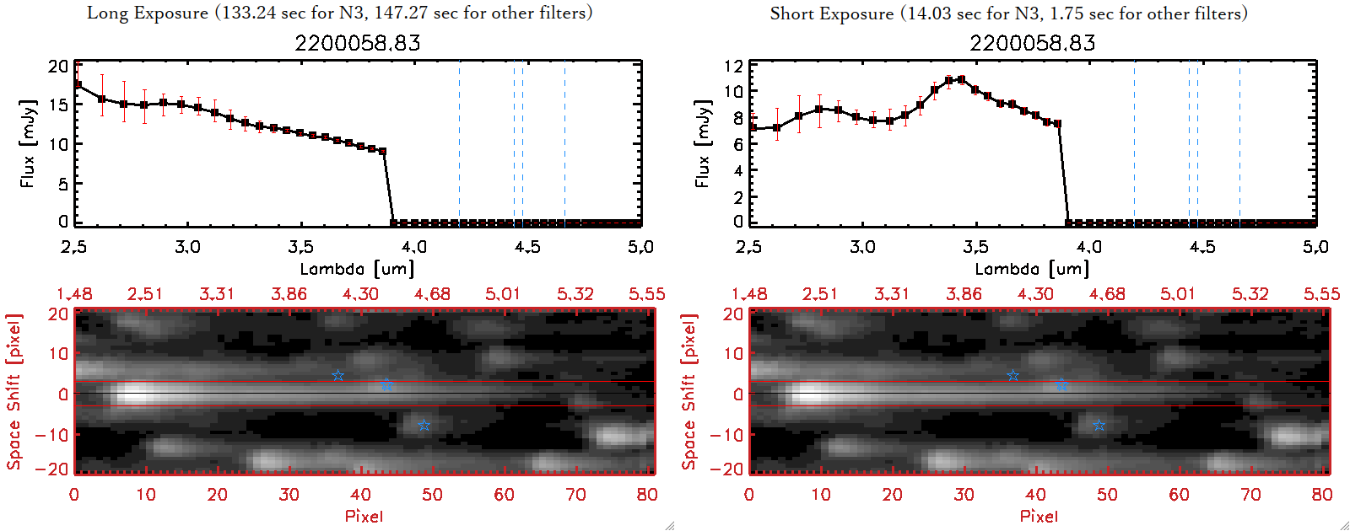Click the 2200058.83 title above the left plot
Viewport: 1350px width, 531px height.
pos(357,43)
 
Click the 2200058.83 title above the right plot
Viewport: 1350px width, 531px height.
pos(1032,43)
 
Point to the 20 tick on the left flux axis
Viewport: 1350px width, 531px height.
pos(58,66)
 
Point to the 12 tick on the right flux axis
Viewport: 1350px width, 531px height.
pos(733,66)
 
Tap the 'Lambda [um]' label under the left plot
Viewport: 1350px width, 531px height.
pos(357,269)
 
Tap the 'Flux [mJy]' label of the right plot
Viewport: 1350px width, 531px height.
pos(702,143)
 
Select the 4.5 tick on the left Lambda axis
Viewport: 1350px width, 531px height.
pos(527,247)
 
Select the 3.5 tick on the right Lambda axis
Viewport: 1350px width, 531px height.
pos(975,247)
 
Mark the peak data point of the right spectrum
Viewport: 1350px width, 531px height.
pos(961,80)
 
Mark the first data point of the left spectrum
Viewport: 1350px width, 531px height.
pos(78,84)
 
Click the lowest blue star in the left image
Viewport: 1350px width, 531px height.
pos(424,426)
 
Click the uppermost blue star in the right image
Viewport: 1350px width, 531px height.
pos(1013,375)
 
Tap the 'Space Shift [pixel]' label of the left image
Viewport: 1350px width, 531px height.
pos(13,392)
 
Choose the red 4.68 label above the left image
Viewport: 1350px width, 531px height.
pos(432,294)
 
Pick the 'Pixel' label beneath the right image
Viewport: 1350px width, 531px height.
pos(1039,516)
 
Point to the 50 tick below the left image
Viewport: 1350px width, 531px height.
pos(432,495)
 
